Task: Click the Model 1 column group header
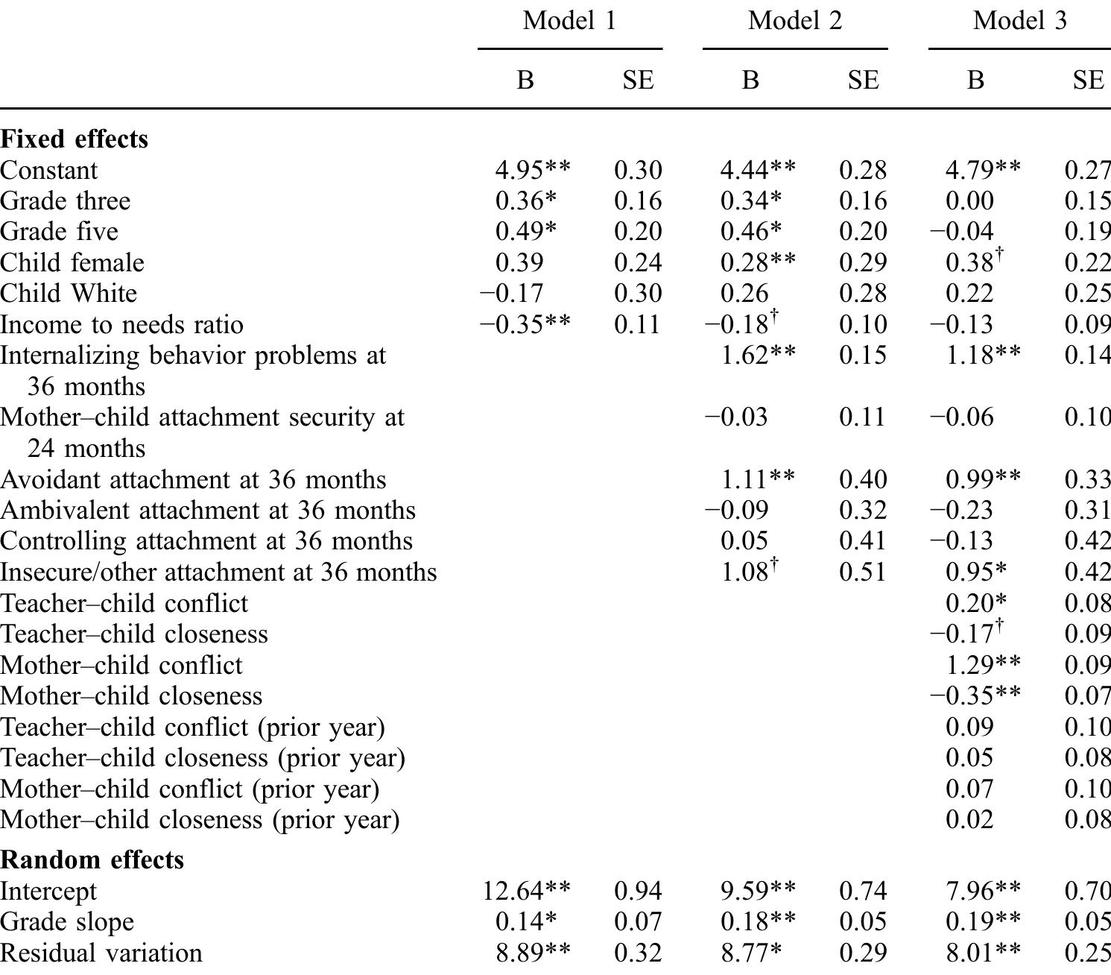[570, 20]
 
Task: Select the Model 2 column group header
[795, 20]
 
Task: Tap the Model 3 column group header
[1019, 20]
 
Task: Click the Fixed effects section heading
[74, 139]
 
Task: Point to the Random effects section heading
[92, 859]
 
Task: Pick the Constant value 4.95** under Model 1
[533, 170]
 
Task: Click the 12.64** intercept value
[526, 891]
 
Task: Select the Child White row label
[69, 293]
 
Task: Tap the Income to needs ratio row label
[121, 324]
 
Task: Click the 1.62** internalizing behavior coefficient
[758, 355]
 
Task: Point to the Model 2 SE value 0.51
[863, 572]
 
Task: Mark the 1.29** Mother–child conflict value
[983, 665]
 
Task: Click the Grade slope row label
[67, 922]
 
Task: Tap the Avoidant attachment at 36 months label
[193, 479]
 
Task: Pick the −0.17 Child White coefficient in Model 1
[511, 293]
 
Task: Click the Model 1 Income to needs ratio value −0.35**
[525, 324]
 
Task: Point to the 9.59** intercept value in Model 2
[758, 891]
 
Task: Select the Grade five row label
[59, 231]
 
